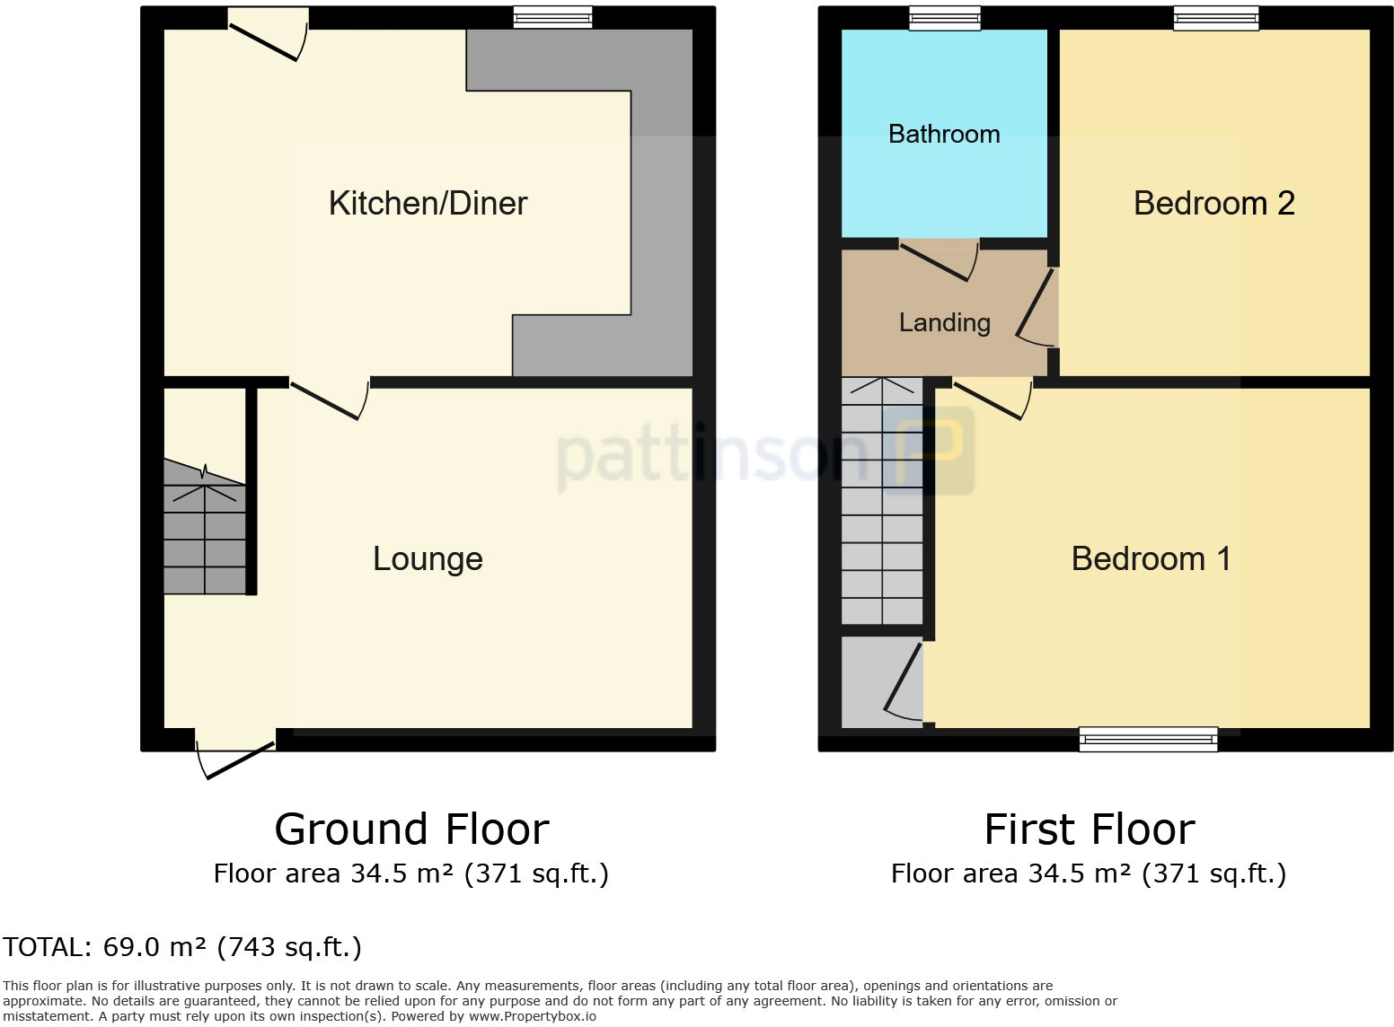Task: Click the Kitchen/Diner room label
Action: (428, 204)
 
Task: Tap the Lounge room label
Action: (428, 559)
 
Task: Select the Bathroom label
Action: (944, 135)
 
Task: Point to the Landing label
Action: (945, 323)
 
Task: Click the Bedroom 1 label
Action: (1151, 559)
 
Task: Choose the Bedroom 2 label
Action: (1214, 204)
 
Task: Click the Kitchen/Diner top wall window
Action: (552, 17)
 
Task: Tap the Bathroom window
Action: (945, 17)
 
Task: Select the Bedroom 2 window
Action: (1215, 17)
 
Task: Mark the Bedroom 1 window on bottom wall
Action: (1148, 740)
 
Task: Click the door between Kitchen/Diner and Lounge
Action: (329, 399)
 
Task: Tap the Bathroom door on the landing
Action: (939, 260)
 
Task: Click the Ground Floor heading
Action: (411, 829)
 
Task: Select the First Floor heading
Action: (1089, 829)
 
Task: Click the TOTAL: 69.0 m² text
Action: (182, 947)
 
